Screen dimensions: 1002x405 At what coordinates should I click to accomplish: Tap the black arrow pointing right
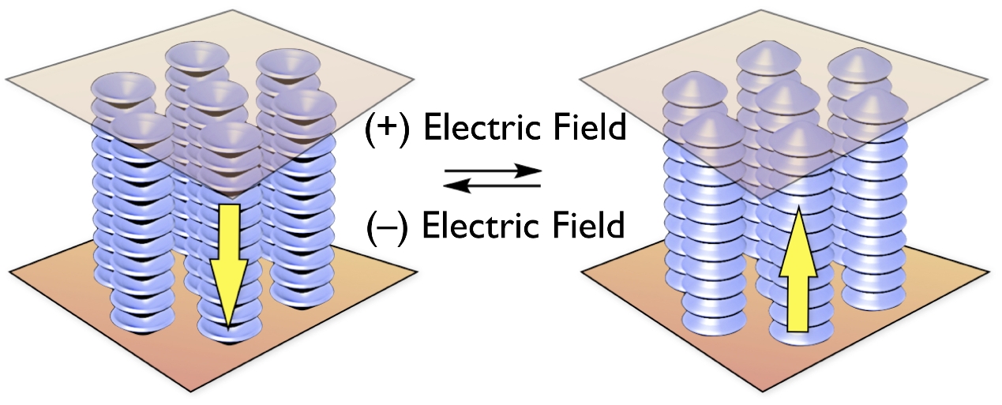493,171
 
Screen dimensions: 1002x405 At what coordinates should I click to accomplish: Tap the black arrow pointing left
492,186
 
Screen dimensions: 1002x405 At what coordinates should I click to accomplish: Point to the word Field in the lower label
588,225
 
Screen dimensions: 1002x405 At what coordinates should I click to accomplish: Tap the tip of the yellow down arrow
228,331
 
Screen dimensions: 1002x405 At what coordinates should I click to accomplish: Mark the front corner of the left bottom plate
191,392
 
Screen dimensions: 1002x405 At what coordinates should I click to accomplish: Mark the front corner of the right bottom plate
763,392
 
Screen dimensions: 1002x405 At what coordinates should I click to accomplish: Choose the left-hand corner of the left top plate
6,80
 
